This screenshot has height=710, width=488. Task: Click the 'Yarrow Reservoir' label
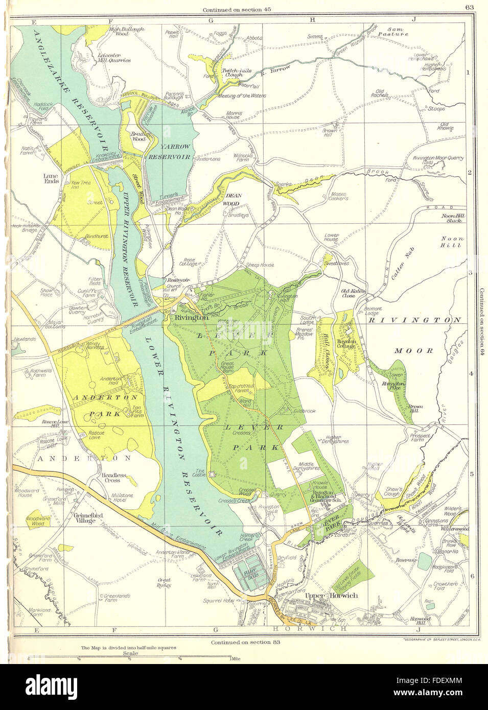click(x=169, y=151)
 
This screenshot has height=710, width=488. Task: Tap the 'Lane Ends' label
click(x=52, y=178)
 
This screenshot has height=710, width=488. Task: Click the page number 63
click(x=470, y=7)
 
